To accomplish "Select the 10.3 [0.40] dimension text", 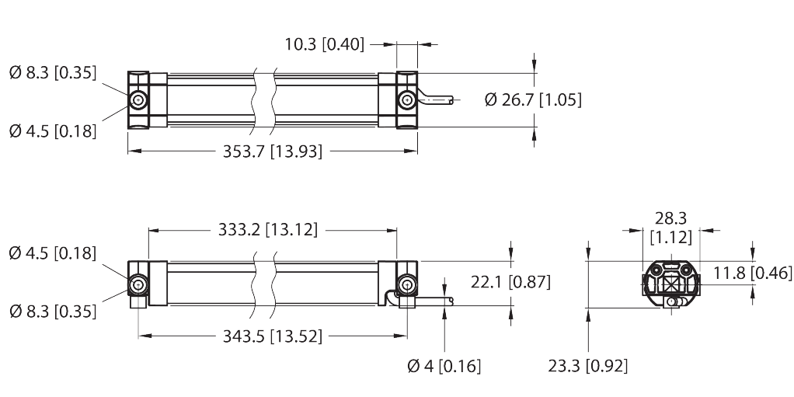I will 324,44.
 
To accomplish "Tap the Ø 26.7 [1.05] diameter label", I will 532,99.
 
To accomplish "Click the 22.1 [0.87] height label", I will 510,283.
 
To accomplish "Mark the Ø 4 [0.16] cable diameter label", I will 444,365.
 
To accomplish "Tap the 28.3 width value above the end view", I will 671,220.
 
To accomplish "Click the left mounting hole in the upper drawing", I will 138,100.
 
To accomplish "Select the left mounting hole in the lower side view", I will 138,285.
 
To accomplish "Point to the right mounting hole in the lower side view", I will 406,285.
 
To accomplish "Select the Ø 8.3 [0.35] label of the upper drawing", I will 52,74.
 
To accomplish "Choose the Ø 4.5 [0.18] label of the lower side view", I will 52,253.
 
